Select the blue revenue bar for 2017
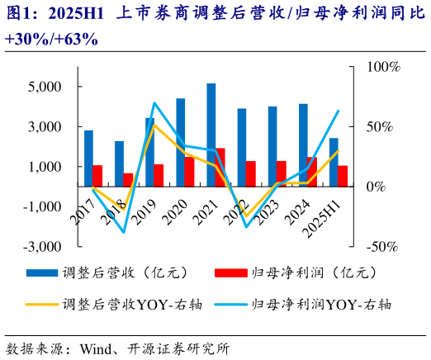click(88, 159)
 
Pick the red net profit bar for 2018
click(128, 180)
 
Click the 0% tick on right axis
click(377, 187)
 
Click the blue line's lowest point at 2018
click(124, 232)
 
